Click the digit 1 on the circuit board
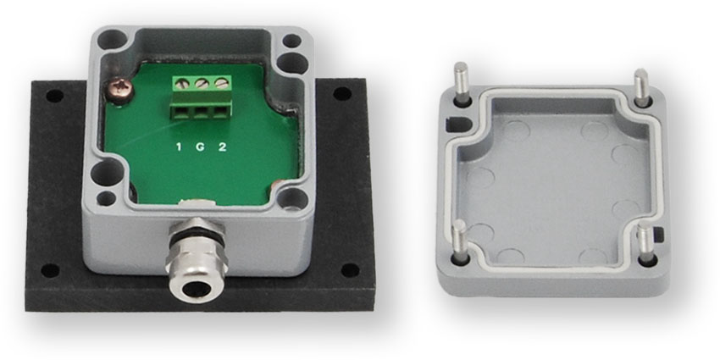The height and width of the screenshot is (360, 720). tap(179, 147)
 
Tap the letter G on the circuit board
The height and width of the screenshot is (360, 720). tap(200, 147)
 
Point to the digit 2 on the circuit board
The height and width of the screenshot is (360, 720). tap(222, 147)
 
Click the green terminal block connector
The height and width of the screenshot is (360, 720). tap(202, 97)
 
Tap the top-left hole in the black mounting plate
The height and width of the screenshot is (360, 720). tap(55, 96)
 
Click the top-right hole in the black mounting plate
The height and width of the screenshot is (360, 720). tap(342, 94)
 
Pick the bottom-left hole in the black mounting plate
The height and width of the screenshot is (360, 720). tap(50, 270)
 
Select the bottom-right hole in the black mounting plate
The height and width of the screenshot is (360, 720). tap(351, 270)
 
